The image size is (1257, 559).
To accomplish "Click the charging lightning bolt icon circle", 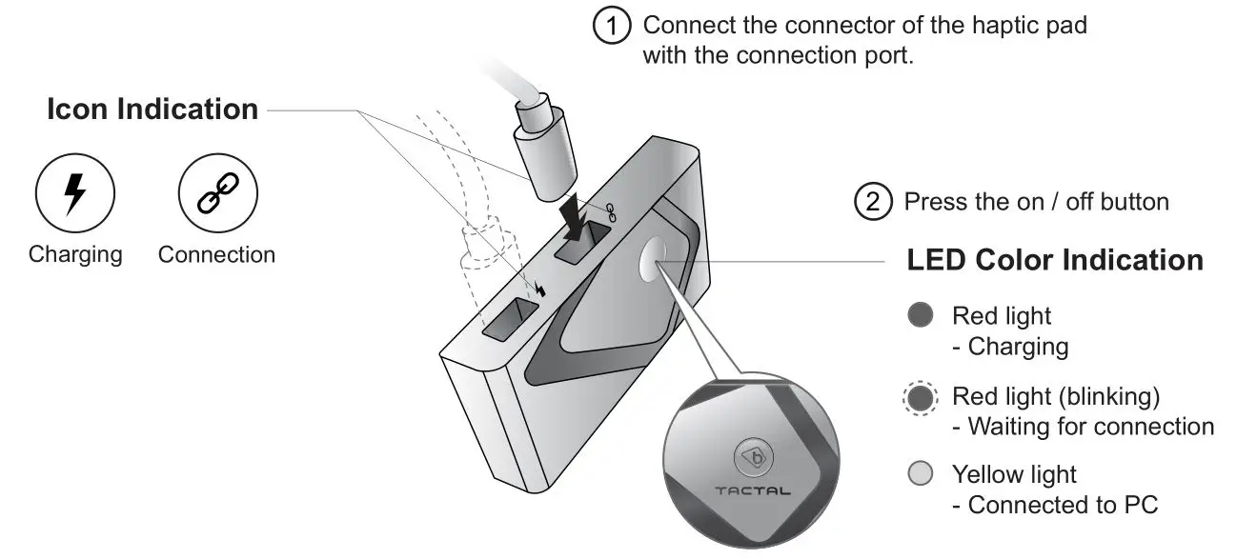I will pos(75,194).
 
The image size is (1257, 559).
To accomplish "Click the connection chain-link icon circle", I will pos(218,194).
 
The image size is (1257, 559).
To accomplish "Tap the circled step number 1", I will pos(613,26).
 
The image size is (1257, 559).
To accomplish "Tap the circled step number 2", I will pos(873,203).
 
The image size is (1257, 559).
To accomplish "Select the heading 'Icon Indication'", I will pos(152,110).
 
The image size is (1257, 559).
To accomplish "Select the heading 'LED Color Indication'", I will pos(1055,260).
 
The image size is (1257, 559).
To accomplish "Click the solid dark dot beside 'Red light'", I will pos(920,316).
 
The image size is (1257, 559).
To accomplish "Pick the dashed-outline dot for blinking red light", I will pos(920,396).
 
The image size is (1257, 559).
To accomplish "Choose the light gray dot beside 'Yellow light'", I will pos(920,474).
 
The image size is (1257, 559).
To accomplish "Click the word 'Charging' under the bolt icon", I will pos(75,255).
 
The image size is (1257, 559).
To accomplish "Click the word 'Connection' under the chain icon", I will pos(216,255).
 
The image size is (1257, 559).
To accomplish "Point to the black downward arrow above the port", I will pos(578,216).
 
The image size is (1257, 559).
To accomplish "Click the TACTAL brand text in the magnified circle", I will pos(752,491).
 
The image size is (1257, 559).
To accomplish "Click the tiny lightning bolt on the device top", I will pos(541,289).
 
